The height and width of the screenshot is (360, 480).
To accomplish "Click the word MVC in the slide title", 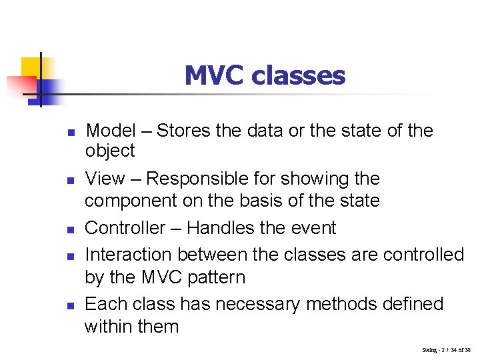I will (214, 75).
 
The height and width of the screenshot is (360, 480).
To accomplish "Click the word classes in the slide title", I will (298, 75).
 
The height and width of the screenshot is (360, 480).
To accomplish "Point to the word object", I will (110, 151).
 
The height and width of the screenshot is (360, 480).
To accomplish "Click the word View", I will (105, 179).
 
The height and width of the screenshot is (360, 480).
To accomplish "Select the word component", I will (131, 201).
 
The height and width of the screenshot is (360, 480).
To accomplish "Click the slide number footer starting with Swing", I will (446, 349).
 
